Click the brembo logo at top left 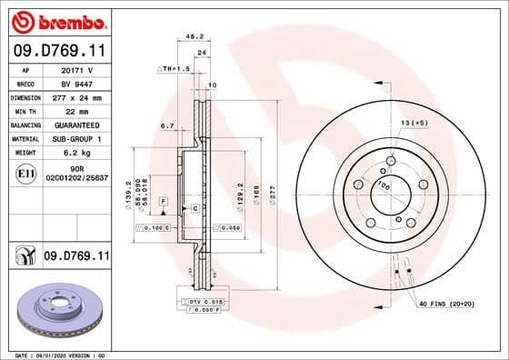(58, 20)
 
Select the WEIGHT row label (26, 153)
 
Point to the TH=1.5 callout (174, 68)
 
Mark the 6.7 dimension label (167, 125)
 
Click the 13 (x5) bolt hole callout (414, 122)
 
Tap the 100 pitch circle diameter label (384, 187)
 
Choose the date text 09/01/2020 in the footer (65, 353)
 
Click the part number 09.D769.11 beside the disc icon (77, 257)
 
